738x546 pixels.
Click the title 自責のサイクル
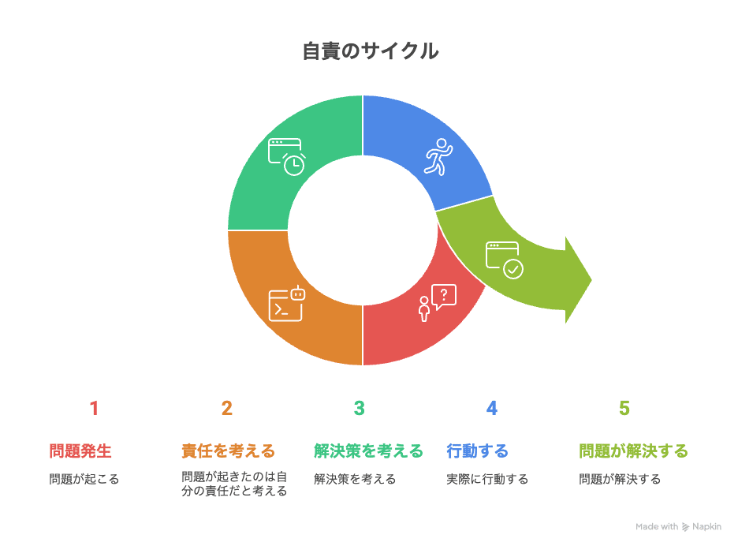(x=370, y=52)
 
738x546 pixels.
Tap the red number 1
(x=94, y=408)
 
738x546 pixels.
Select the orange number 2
(x=227, y=408)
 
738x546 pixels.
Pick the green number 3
(x=360, y=408)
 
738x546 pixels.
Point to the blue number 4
(x=492, y=408)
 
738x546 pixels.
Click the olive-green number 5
(x=624, y=408)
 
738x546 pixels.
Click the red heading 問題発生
(x=80, y=451)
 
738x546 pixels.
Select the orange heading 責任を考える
(x=228, y=451)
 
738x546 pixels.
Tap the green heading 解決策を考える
(x=368, y=451)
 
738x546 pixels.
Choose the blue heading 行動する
(x=477, y=451)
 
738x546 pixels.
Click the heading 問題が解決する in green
(x=633, y=451)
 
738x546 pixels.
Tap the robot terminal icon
(x=287, y=303)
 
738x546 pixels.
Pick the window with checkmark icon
(x=504, y=260)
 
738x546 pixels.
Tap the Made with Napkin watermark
(x=678, y=526)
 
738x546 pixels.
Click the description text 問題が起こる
(x=84, y=479)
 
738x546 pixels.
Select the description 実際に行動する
(x=486, y=479)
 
